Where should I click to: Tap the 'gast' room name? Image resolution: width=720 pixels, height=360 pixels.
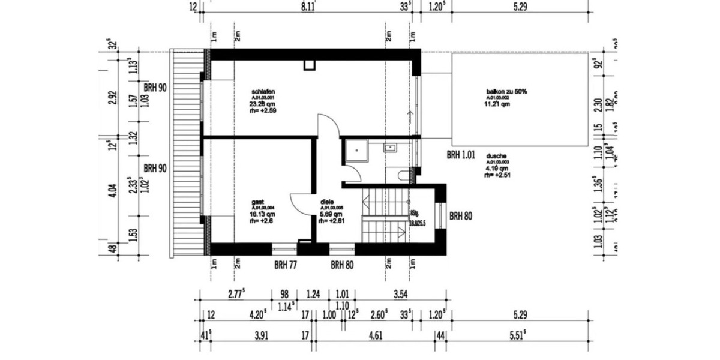(258, 202)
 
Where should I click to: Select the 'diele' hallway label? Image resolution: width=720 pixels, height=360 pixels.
(327, 202)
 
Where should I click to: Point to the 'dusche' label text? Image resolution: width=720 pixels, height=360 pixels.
(497, 155)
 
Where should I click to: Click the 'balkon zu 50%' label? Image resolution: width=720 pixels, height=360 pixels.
(506, 91)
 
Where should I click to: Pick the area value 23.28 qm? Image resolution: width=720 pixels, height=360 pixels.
(263, 104)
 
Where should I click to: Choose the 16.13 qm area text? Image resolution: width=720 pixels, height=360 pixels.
(263, 214)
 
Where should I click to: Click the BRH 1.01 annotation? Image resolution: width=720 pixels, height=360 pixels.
(461, 155)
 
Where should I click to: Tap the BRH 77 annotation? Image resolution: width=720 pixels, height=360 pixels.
(286, 264)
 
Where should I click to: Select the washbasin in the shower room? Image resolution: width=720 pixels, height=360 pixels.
(391, 146)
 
